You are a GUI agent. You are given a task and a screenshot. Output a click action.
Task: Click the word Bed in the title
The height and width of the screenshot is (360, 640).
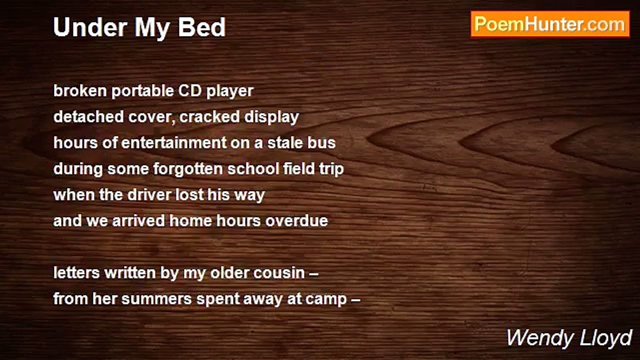(x=202, y=27)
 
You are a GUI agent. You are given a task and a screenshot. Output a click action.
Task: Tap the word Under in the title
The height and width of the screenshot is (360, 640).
(x=90, y=27)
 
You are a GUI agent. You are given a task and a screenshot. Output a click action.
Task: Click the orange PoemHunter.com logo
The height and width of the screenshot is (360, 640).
(x=550, y=24)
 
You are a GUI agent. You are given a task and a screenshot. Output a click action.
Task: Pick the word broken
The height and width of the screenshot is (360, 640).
(x=80, y=91)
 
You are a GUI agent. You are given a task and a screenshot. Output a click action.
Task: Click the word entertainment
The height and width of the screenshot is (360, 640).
(x=174, y=142)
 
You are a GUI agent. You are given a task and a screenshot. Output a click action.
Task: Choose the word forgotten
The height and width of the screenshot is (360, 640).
(x=188, y=168)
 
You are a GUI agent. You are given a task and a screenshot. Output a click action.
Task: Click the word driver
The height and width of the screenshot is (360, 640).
(x=149, y=195)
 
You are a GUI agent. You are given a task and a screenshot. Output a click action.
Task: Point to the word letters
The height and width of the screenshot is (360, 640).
(x=76, y=273)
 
